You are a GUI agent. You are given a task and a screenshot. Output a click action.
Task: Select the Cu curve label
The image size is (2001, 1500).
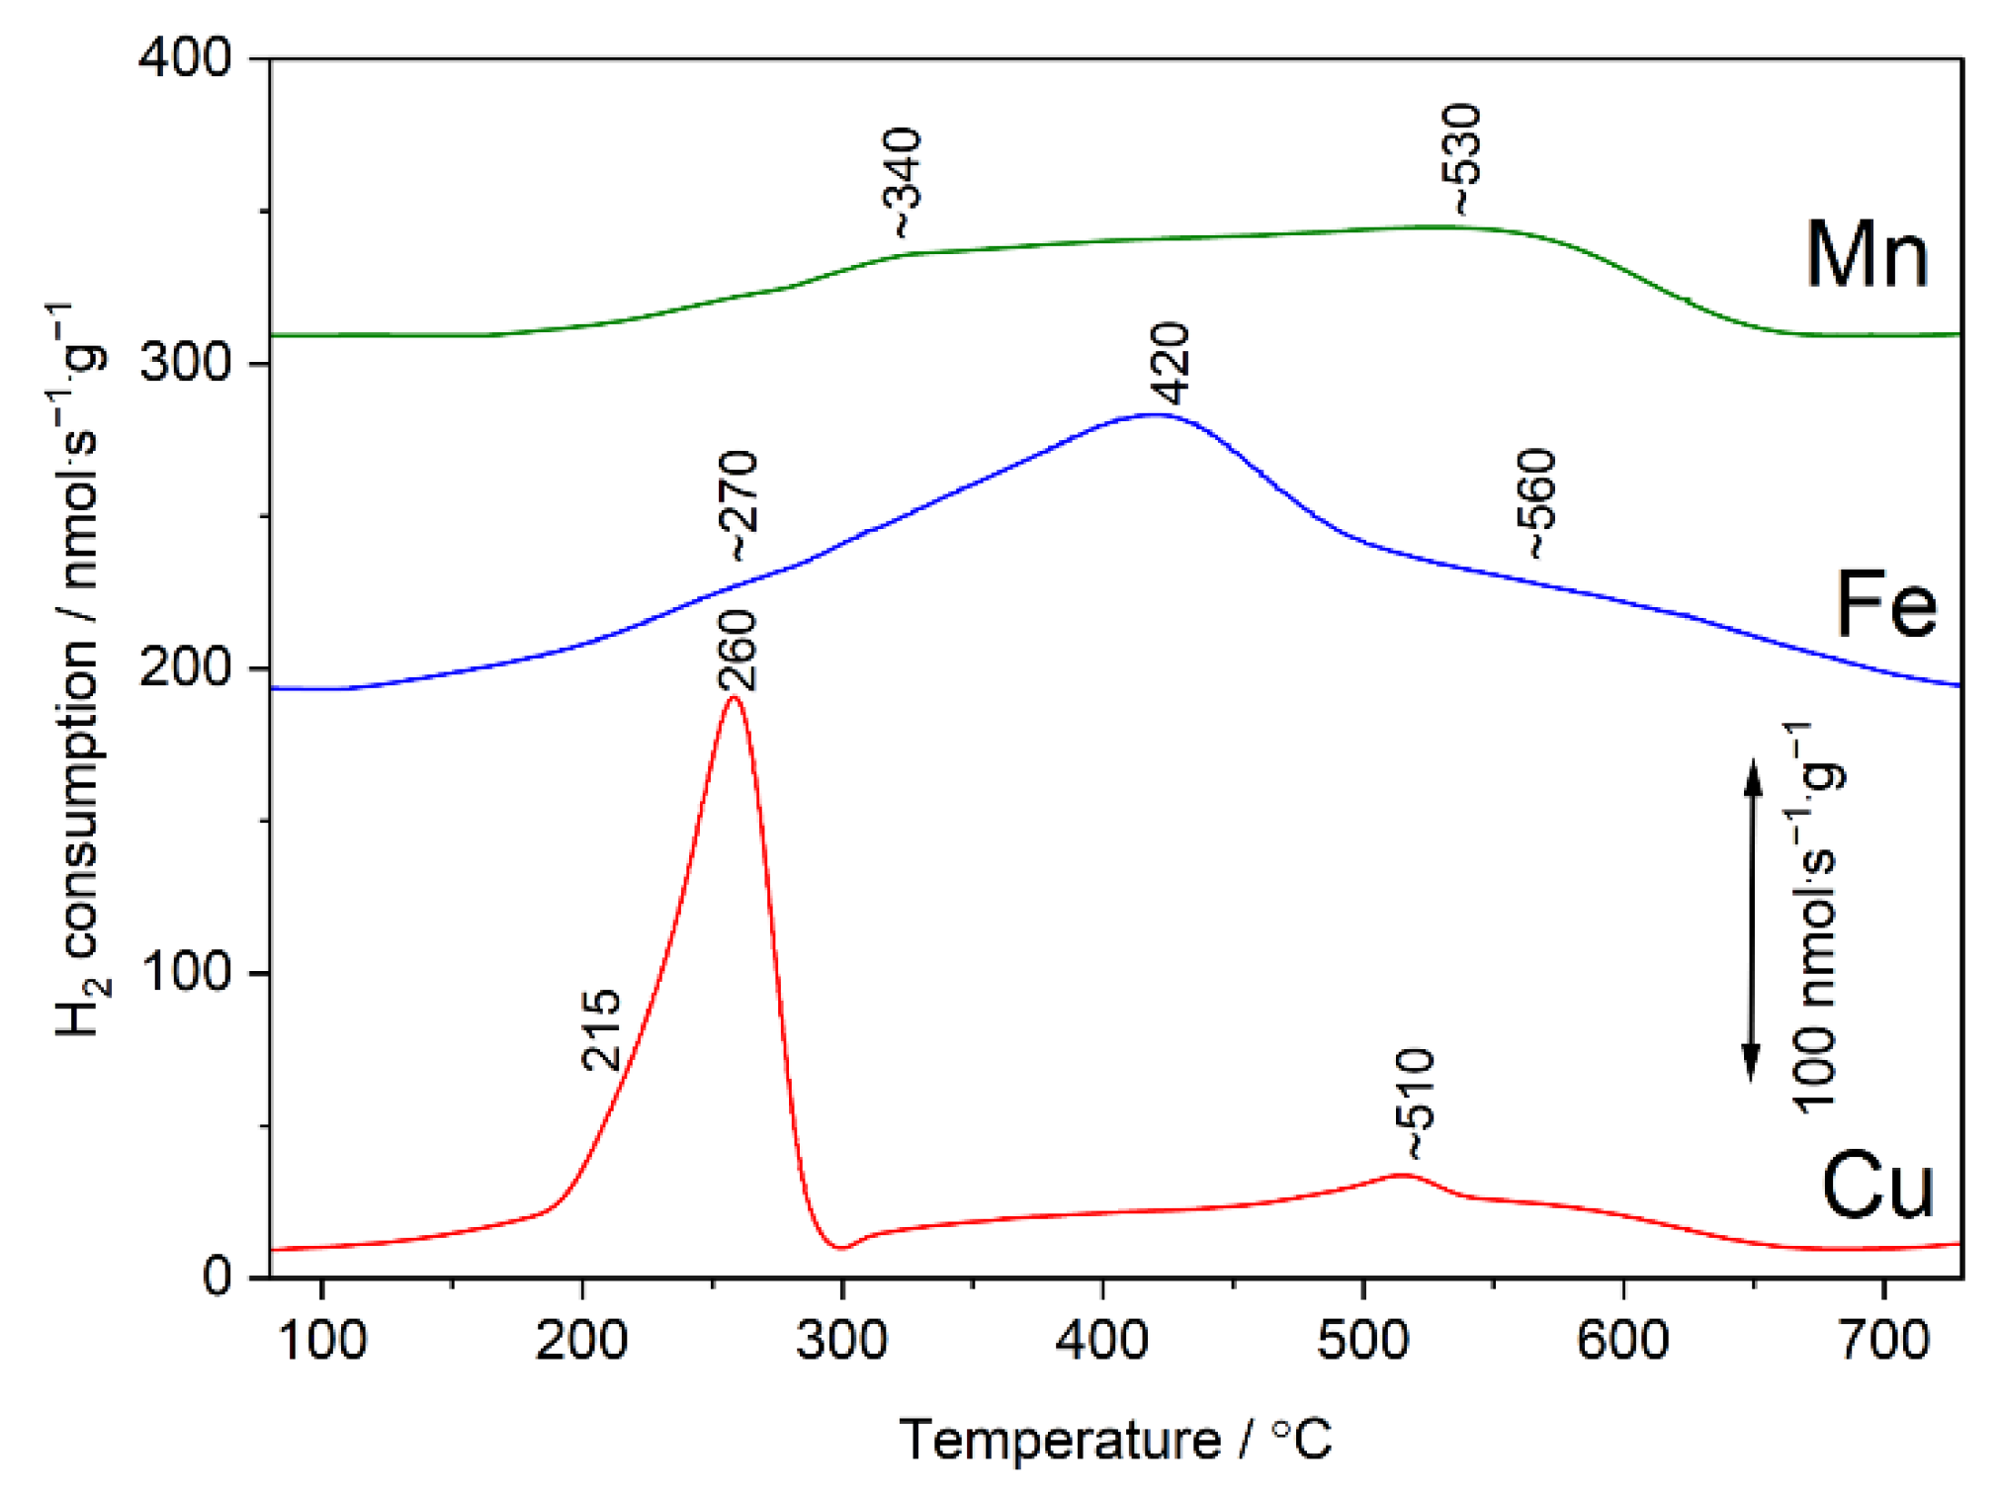[1875, 1187]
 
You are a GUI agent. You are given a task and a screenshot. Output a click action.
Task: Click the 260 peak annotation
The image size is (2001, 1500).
[738, 650]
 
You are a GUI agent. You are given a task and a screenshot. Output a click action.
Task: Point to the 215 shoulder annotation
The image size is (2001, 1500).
[601, 1030]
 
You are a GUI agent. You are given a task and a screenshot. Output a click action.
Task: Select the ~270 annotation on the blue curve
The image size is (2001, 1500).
[739, 505]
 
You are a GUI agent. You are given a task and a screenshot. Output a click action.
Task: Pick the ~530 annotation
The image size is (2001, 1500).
[1462, 159]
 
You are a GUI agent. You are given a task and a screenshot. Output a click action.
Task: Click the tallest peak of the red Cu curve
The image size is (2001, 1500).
[734, 698]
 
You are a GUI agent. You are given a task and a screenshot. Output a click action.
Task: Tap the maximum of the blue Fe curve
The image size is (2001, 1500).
[1154, 415]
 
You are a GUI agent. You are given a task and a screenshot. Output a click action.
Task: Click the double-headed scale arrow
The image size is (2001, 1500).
[1751, 921]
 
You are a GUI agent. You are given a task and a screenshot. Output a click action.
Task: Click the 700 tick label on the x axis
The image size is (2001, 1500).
[1884, 1341]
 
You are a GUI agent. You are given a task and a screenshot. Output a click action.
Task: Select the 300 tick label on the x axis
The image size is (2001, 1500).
[841, 1341]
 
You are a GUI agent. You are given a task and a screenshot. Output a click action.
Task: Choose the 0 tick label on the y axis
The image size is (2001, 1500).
[217, 1277]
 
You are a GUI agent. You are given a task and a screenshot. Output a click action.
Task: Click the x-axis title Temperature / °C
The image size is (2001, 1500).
[1115, 1440]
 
